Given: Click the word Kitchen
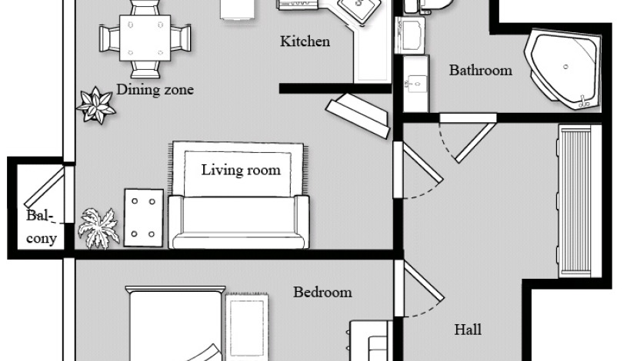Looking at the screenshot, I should point(305,41).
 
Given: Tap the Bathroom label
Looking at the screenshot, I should point(480,71).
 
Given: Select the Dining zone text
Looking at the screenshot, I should point(155,90).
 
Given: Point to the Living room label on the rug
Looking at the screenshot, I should point(241,170).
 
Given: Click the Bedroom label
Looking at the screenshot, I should point(322,292).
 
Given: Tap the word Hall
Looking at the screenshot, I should point(468,330).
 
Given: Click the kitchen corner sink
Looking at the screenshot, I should point(358,12).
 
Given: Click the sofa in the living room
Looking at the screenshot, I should point(238,222).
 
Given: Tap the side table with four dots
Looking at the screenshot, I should point(143,217).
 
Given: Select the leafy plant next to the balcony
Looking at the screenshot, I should point(98,227).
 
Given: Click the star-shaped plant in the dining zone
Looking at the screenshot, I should point(96,105).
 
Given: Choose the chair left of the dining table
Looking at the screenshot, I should point(108,37).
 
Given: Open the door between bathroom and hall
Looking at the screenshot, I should point(462,139).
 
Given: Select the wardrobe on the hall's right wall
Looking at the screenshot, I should point(575,201).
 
